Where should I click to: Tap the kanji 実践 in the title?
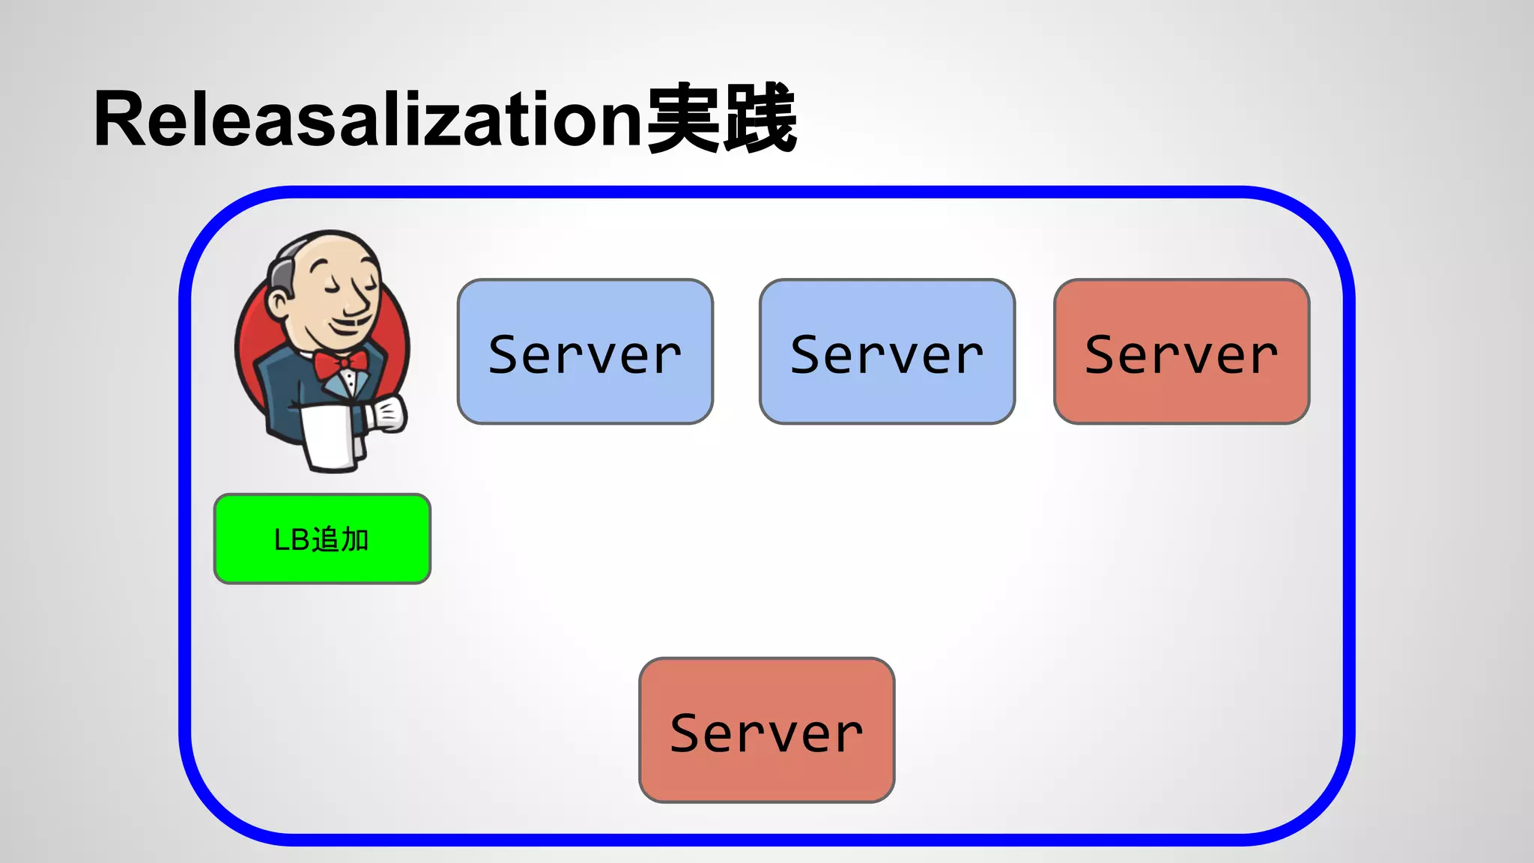pos(721,118)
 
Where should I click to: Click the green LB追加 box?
pos(322,539)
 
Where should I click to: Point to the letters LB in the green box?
pos(291,539)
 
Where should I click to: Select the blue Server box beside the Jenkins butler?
pos(585,351)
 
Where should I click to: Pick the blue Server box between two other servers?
pos(887,351)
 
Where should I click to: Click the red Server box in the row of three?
pos(1181,351)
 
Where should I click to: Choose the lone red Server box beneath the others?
pos(766,730)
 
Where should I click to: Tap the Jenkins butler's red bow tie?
pos(341,364)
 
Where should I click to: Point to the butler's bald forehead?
pos(330,251)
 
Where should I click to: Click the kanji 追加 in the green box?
pos(340,539)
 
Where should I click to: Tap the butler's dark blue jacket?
pos(281,390)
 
